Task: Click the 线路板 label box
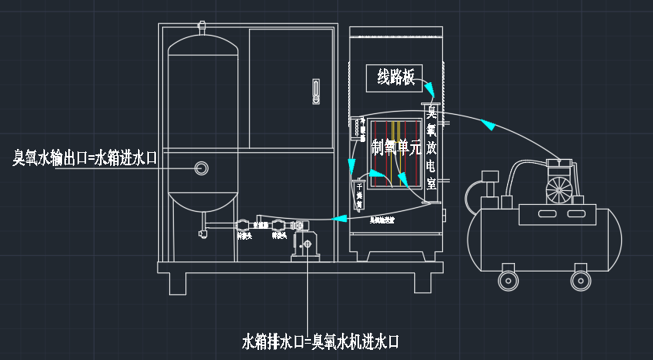click(394, 77)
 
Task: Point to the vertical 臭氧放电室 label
click(432, 147)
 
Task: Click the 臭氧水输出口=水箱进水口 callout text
click(85, 158)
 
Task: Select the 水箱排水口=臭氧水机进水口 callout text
click(320, 341)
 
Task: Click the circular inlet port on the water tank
click(202, 167)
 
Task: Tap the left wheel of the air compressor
click(508, 278)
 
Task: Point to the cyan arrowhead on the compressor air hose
click(486, 123)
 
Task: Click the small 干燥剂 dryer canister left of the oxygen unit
click(358, 195)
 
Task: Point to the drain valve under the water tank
click(202, 231)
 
